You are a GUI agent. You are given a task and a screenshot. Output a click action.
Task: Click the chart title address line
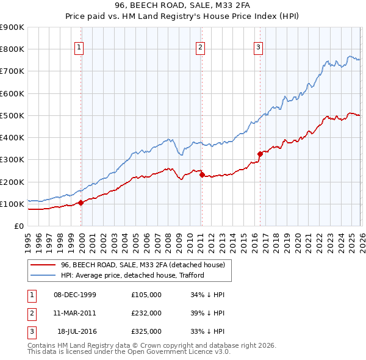click(183, 5)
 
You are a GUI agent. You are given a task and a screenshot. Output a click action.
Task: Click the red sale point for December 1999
click(81, 203)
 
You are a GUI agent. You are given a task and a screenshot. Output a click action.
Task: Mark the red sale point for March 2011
click(201, 175)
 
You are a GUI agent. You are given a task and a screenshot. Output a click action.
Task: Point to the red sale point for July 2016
click(260, 154)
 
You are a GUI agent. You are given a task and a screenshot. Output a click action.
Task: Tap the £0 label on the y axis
click(18, 226)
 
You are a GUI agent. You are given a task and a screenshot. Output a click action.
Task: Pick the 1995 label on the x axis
click(28, 241)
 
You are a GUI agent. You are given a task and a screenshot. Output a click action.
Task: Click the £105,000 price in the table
click(146, 295)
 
